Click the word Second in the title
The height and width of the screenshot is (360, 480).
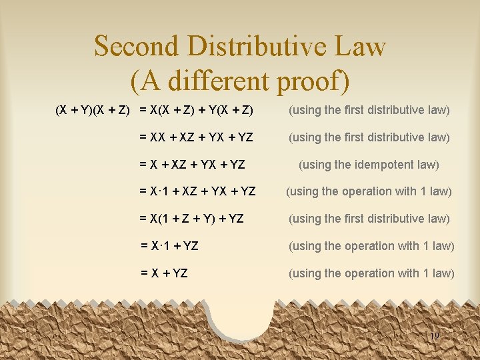(135, 47)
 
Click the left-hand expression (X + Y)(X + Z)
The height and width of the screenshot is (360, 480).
(92, 110)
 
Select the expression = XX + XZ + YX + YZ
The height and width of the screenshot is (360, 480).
(197, 137)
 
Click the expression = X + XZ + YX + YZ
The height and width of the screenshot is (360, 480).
(193, 164)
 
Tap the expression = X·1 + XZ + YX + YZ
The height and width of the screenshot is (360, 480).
(197, 191)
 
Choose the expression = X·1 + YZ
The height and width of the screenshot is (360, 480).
(169, 246)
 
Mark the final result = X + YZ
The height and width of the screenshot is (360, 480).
(164, 273)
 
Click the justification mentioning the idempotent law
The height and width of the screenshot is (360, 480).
(369, 164)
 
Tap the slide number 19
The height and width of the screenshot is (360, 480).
(435, 337)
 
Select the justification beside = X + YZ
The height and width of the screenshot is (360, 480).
(371, 273)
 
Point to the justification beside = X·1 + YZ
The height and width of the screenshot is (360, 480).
(371, 246)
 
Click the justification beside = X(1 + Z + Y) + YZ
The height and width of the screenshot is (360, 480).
(369, 219)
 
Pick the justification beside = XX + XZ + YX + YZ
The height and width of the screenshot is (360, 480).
(369, 137)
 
